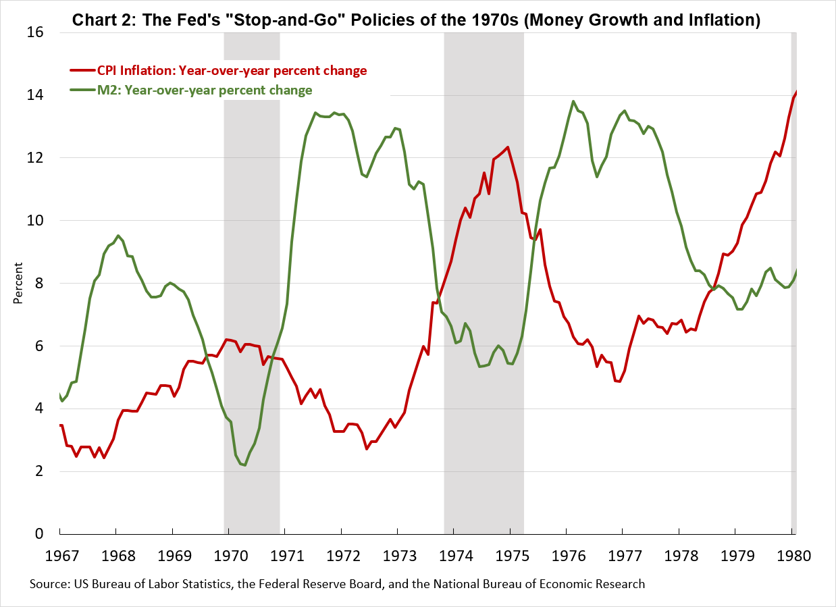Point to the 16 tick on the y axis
pos(35,32)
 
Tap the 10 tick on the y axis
pos(35,220)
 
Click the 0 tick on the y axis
pos(39,534)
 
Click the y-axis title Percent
pos(18,283)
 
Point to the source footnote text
pos(337,584)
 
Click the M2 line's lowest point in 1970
pos(244,465)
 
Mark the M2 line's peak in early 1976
pos(573,102)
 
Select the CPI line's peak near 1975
pos(508,147)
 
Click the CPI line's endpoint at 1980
pos(796,92)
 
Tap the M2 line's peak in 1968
pos(118,236)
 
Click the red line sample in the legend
pos(82,70)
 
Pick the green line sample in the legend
pos(82,90)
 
